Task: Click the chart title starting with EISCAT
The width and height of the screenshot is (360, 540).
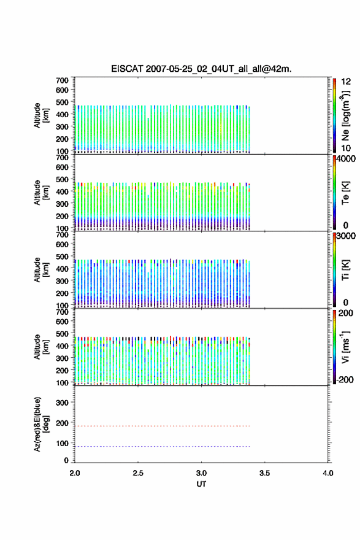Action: [x=201, y=69]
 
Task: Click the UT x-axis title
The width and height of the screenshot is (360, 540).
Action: [x=201, y=484]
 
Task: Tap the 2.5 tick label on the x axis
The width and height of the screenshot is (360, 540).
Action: [x=138, y=473]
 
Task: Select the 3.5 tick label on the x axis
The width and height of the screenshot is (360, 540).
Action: [x=265, y=473]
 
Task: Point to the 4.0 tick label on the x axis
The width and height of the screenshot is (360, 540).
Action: [x=328, y=473]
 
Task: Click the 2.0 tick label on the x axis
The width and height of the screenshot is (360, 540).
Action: [x=75, y=473]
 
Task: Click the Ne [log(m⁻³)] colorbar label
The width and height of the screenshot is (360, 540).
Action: [x=345, y=116]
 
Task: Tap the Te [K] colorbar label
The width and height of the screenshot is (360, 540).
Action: [x=345, y=193]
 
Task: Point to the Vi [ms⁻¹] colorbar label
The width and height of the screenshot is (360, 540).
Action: [x=345, y=347]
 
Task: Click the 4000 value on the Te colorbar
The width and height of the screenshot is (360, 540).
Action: [x=346, y=159]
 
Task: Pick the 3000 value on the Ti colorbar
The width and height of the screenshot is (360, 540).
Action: [x=346, y=236]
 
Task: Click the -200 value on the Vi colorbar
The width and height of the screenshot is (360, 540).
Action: [x=345, y=379]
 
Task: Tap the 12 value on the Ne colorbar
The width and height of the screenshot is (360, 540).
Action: [x=346, y=82]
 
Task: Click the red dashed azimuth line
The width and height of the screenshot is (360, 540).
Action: [x=163, y=426]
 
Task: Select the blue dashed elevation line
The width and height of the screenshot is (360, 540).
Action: [x=163, y=446]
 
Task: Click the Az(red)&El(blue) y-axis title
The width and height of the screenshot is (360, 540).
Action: [x=41, y=424]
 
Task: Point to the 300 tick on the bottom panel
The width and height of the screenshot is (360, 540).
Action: [x=63, y=403]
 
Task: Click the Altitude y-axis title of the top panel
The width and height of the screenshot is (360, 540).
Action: [x=41, y=115]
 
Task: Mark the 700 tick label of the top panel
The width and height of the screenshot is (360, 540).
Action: [x=63, y=80]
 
